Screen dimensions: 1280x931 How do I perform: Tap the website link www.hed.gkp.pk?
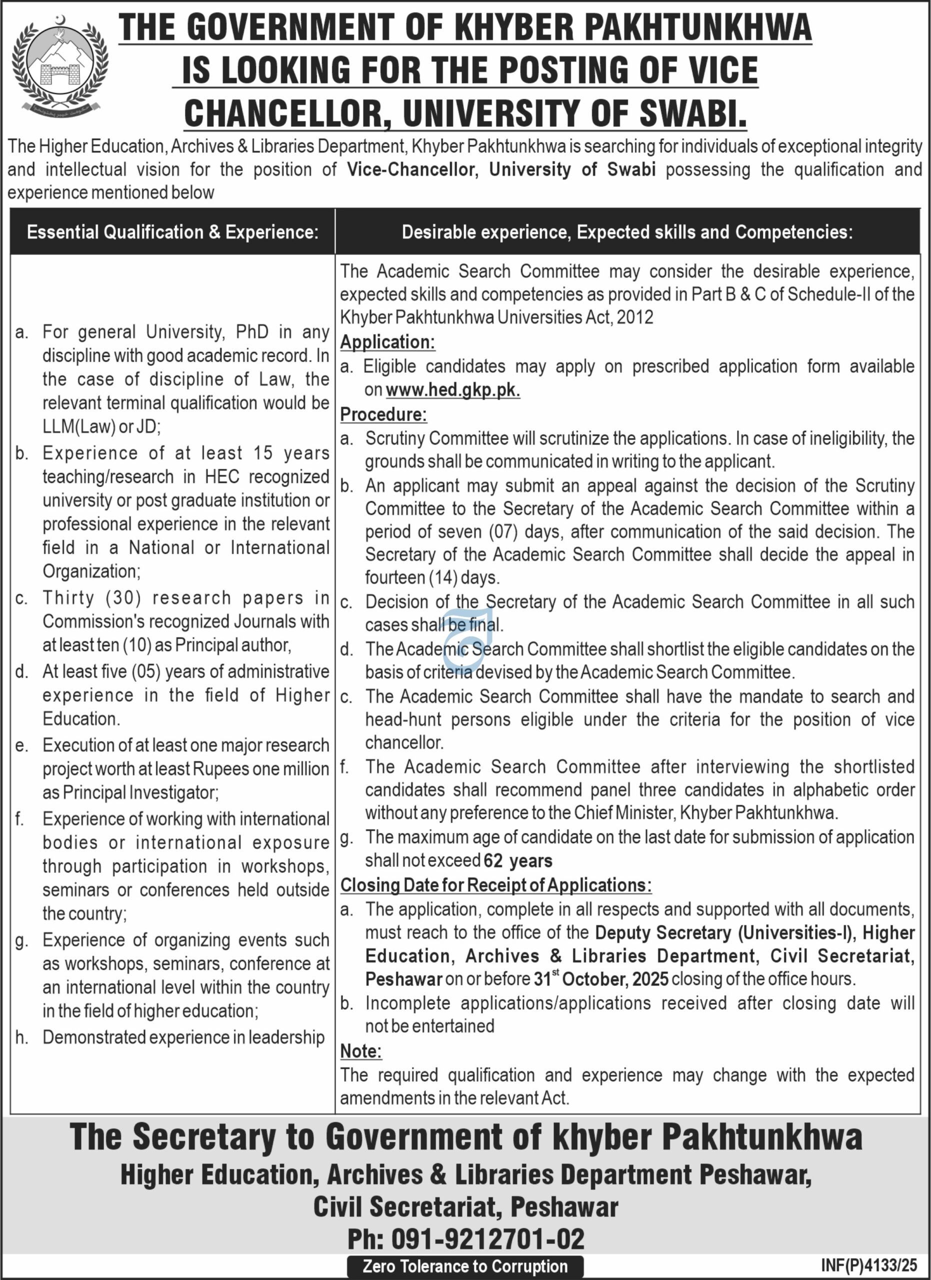pyautogui.click(x=453, y=390)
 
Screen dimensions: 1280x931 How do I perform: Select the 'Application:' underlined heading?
pyautogui.click(x=387, y=342)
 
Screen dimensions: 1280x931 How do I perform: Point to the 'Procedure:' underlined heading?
pyautogui.click(x=383, y=414)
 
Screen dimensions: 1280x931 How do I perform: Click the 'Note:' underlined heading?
pyautogui.click(x=361, y=1051)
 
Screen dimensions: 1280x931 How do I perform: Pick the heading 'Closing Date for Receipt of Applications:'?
pyautogui.click(x=495, y=885)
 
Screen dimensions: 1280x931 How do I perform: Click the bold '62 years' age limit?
pyautogui.click(x=518, y=860)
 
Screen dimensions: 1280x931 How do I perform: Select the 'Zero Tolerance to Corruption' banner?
pyautogui.click(x=465, y=1266)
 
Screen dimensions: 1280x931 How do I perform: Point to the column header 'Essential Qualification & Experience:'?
pyautogui.click(x=172, y=232)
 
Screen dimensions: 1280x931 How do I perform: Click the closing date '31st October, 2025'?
pyautogui.click(x=601, y=978)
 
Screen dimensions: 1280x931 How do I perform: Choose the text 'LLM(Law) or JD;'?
pyautogui.click(x=101, y=426)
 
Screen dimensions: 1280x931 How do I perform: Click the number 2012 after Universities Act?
pyautogui.click(x=635, y=317)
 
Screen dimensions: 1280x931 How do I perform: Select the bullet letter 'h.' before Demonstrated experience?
pyautogui.click(x=21, y=1037)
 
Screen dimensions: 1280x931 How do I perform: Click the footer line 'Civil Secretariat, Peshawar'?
pyautogui.click(x=465, y=1206)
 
